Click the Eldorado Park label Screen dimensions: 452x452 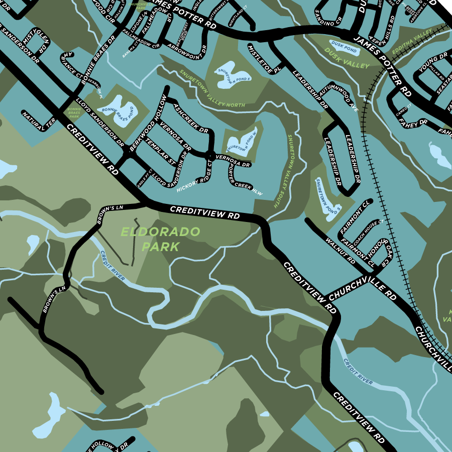160,239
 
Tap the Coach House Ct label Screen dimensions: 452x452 368,230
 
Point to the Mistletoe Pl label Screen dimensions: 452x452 260,59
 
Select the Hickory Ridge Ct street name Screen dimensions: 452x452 195,174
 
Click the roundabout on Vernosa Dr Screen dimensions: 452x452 210,154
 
